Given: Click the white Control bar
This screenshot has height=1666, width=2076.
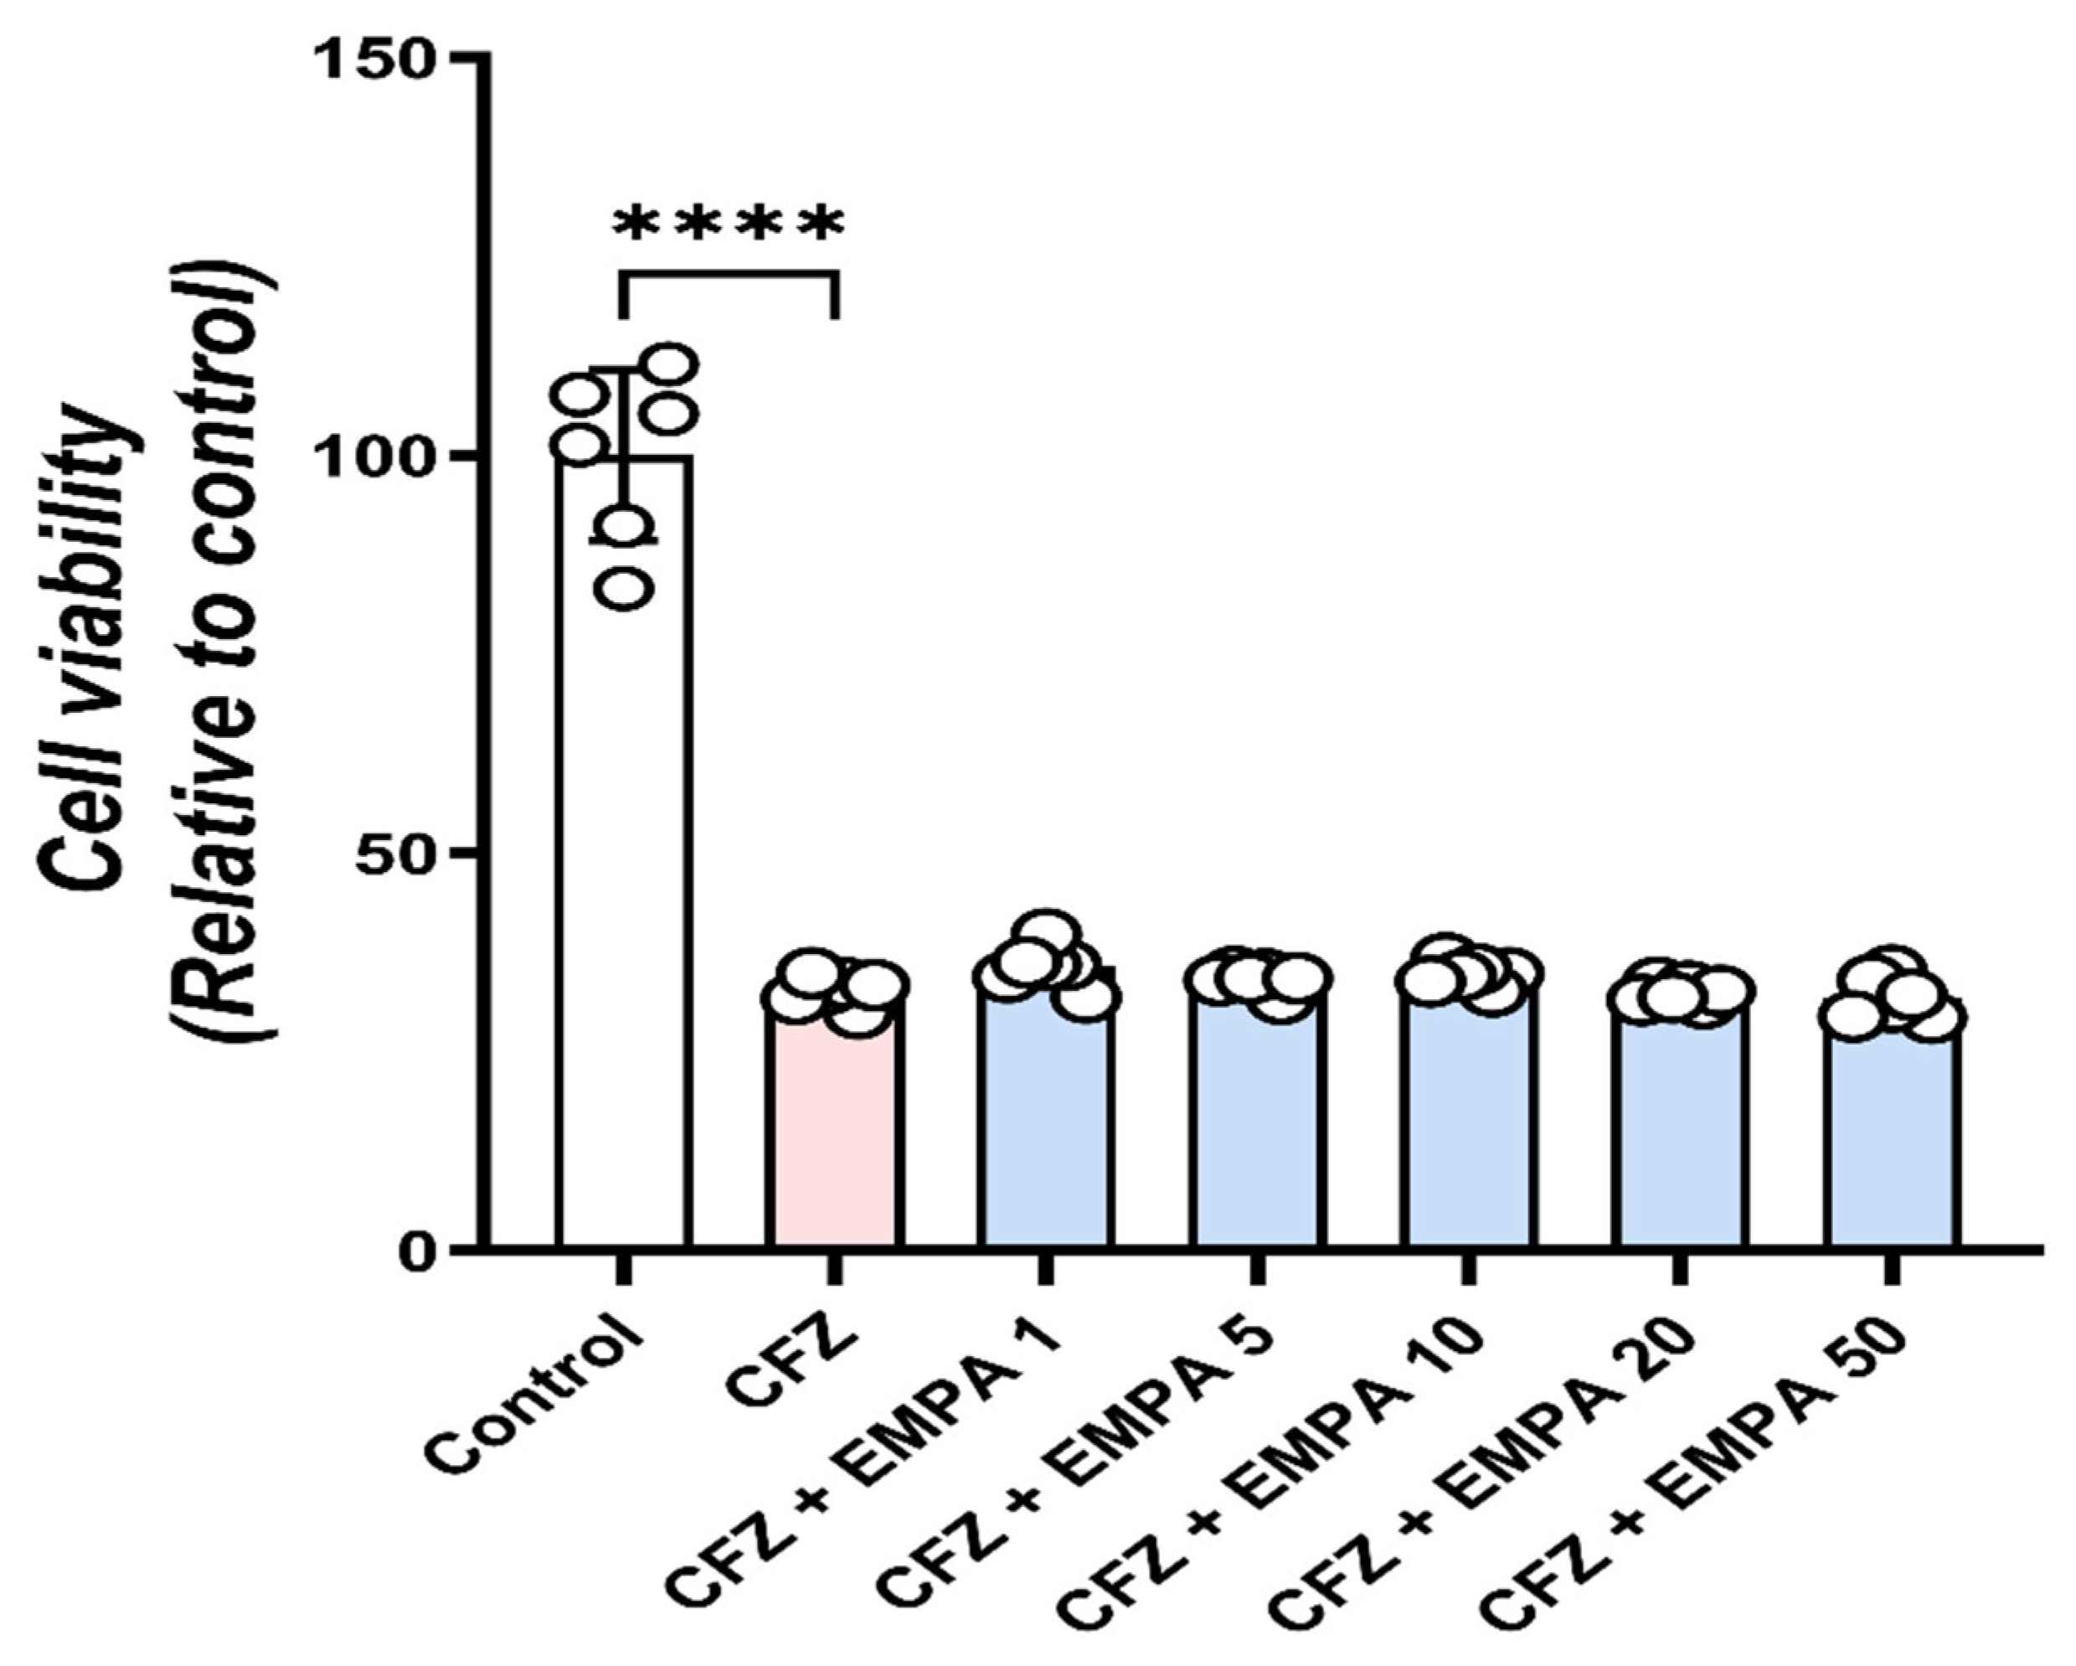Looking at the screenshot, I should (623, 867).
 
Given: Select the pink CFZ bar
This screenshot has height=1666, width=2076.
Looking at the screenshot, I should (834, 1137).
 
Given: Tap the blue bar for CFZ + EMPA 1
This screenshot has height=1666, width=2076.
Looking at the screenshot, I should (1045, 1127).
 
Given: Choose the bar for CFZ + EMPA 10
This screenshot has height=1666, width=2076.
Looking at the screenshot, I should (1467, 1127).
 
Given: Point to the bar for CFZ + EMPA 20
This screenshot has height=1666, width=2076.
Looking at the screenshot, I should (1679, 1137).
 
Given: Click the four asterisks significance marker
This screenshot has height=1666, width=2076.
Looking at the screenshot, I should (729, 224).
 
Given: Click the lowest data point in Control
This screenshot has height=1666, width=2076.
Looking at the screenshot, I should (626, 585).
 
